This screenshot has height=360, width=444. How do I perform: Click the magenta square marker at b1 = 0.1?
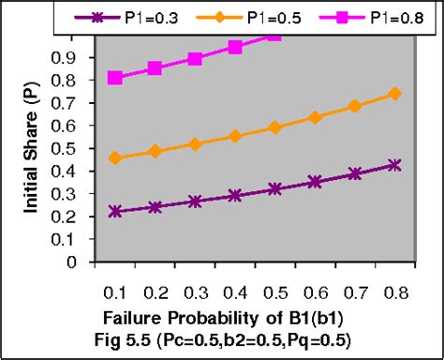(x=114, y=78)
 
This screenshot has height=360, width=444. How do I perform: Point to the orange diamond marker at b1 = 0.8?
(x=394, y=94)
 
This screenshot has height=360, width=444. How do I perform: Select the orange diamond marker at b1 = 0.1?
(x=114, y=158)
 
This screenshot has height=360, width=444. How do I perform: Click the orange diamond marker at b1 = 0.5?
(x=274, y=127)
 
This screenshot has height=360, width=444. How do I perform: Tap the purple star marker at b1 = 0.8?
(x=394, y=165)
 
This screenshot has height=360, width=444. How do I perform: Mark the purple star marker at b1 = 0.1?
(x=114, y=212)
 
